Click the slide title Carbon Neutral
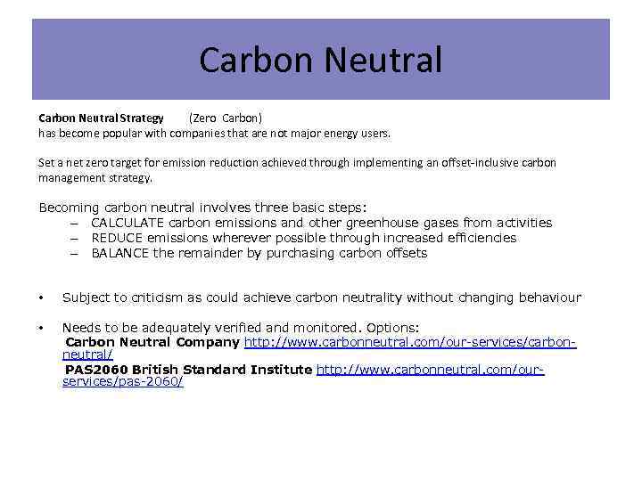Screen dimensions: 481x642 pyautogui.click(x=320, y=61)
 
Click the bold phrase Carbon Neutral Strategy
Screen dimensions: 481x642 pyautogui.click(x=101, y=118)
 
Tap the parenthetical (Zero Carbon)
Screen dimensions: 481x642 pyautogui.click(x=225, y=118)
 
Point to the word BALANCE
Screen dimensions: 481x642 pyautogui.click(x=120, y=253)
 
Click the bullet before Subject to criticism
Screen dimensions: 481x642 pyautogui.click(x=42, y=298)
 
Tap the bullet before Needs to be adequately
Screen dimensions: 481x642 pyautogui.click(x=42, y=328)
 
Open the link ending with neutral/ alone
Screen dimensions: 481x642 pyautogui.click(x=87, y=355)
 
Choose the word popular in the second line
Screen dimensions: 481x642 pyautogui.click(x=136, y=133)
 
